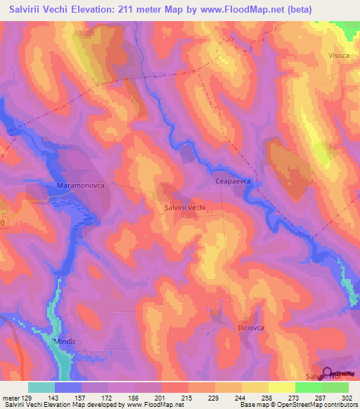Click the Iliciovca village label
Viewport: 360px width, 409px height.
point(249,328)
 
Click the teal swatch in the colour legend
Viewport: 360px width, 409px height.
point(41,387)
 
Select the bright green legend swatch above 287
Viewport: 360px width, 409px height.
point(308,387)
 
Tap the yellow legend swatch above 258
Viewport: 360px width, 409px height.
point(255,387)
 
